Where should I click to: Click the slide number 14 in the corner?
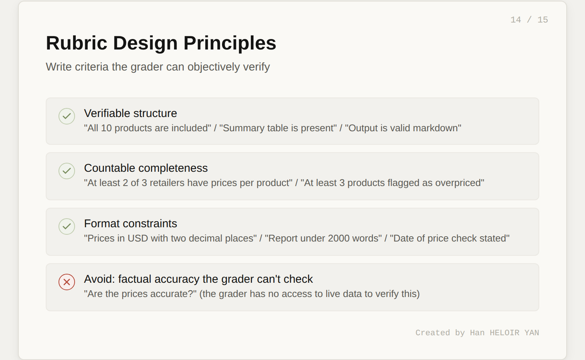(x=516, y=20)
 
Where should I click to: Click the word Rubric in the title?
(x=76, y=43)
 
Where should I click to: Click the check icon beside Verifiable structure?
(x=67, y=116)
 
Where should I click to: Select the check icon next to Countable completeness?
(x=67, y=171)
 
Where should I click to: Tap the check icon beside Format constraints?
(x=67, y=226)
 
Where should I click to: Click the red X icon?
(x=67, y=282)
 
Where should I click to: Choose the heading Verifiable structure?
(x=130, y=113)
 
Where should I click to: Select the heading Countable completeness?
(x=145, y=168)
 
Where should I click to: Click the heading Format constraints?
(x=130, y=223)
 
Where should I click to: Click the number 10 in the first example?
(x=106, y=128)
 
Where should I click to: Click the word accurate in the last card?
(x=171, y=294)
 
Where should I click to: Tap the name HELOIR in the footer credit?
(x=504, y=333)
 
